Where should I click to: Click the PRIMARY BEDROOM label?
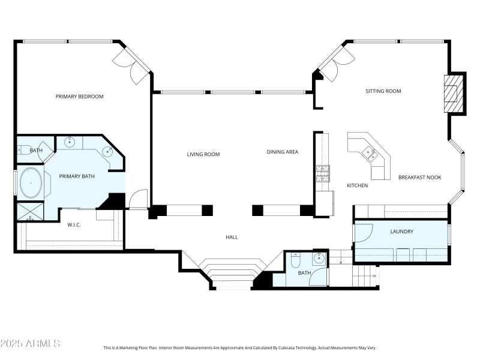tap(79, 97)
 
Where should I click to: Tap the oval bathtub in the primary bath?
tap(31, 182)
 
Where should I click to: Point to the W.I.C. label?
tap(74, 226)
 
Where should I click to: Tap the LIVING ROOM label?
tap(203, 154)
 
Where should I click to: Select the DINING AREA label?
tap(282, 152)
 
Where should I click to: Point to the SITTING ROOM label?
tap(383, 91)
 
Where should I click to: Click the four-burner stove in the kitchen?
tap(323, 173)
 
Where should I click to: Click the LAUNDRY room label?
tap(401, 231)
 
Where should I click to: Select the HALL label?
tap(232, 237)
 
